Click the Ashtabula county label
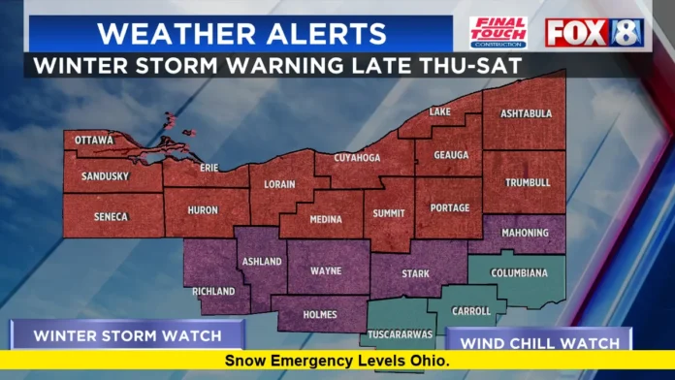[526, 113]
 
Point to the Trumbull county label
[527, 182]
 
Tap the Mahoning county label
[525, 233]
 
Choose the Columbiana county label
[519, 273]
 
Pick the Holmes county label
[320, 314]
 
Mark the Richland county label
[213, 291]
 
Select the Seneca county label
[110, 216]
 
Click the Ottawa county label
[94, 141]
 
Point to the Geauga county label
[451, 155]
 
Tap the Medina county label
[325, 220]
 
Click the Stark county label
[415, 274]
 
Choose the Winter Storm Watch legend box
[127, 337]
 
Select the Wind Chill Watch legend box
[539, 342]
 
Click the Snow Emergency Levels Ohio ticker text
[337, 361]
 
